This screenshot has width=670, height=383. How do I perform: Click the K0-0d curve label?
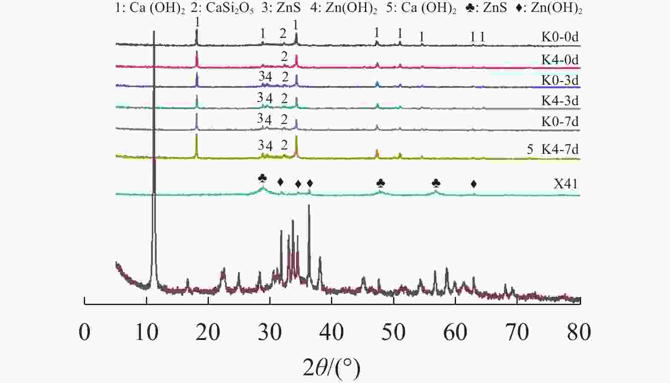560,37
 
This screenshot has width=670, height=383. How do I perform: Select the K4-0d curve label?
560,60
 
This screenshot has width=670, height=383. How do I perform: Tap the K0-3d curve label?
560,80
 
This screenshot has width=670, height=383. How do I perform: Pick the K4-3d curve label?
560,101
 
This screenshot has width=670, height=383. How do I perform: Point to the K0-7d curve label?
560,121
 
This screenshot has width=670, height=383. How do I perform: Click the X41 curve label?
566,184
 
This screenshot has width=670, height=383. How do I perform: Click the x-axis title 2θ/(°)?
331,367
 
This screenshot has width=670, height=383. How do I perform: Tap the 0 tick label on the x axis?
85,332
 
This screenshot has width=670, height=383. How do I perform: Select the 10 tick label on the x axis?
146,332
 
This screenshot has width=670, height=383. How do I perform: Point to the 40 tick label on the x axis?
331,332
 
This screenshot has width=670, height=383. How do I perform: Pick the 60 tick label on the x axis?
455,332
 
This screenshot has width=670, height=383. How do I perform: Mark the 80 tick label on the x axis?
579,332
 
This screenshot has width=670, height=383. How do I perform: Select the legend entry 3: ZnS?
281,9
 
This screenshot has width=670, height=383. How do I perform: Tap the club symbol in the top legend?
470,9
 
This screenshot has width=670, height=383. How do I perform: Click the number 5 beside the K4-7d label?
530,149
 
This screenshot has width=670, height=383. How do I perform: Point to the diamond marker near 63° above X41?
473,184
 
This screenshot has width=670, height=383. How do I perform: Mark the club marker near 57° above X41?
436,183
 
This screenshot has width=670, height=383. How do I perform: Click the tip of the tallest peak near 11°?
154,32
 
